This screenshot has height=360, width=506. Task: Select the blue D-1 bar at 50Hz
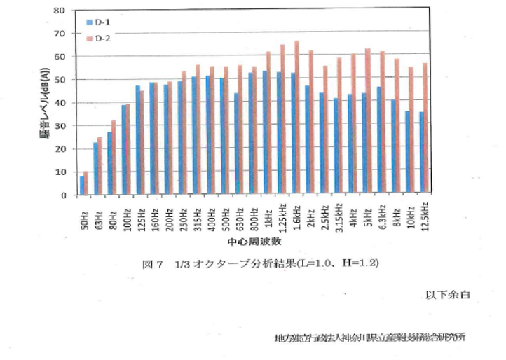click(81, 186)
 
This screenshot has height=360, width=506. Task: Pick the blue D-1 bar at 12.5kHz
click(420, 153)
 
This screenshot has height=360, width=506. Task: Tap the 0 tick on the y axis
click(63, 195)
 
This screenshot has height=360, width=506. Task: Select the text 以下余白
click(444, 293)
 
